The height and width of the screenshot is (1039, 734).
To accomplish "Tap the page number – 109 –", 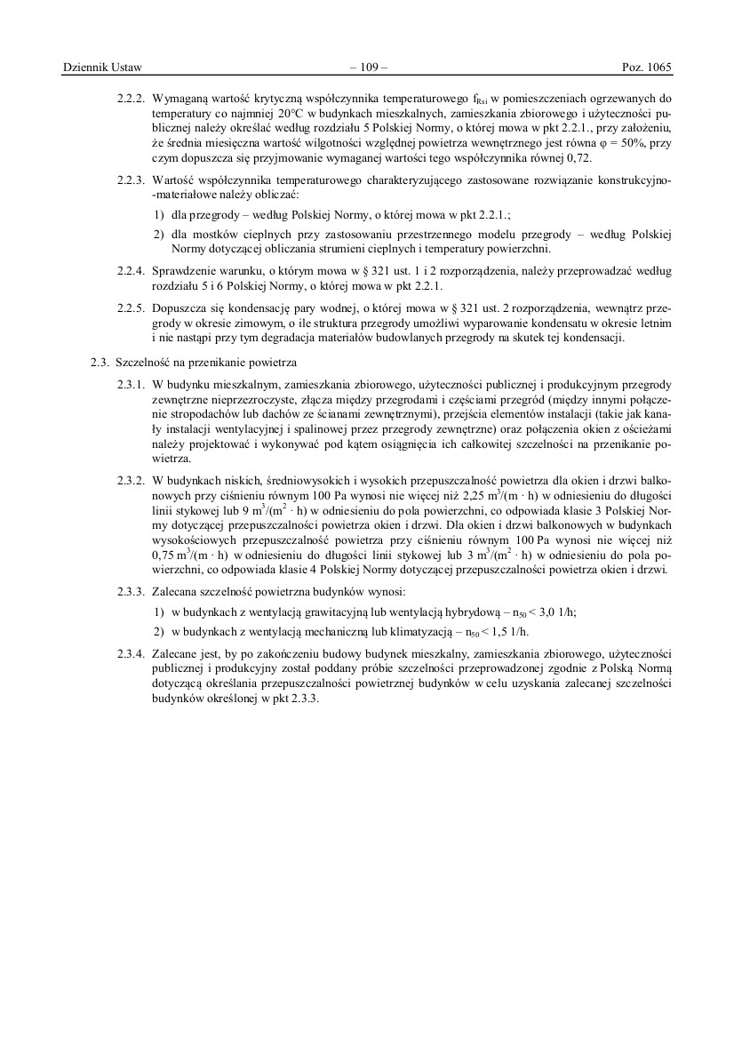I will coord(367,68).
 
